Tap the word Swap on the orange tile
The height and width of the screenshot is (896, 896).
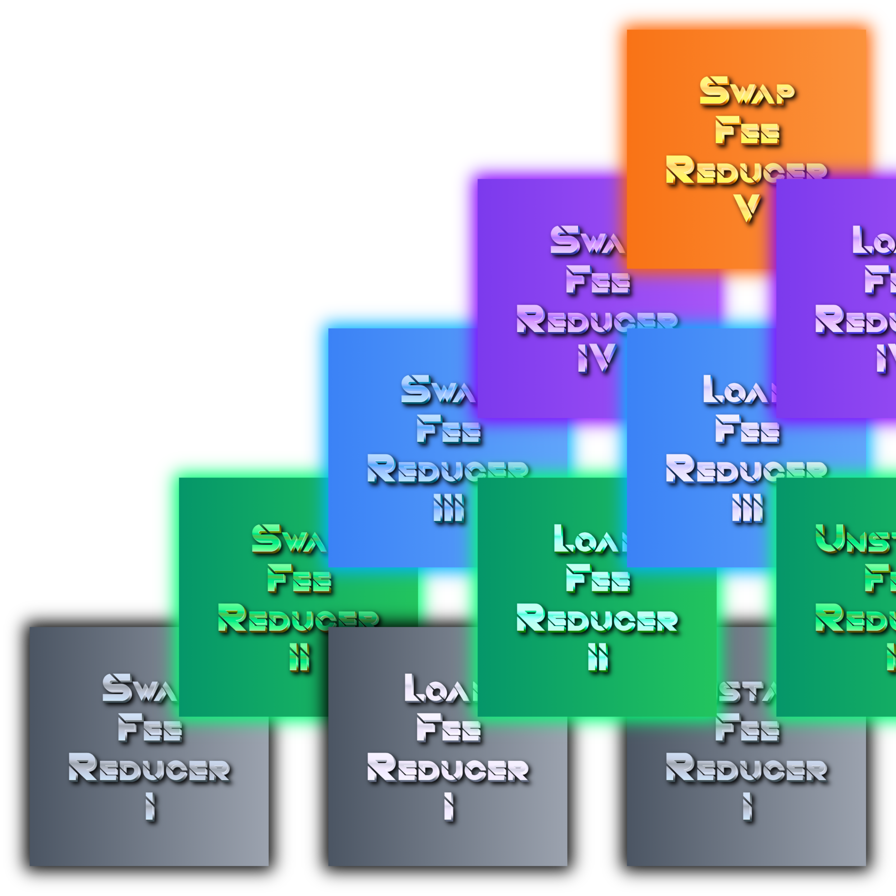(747, 91)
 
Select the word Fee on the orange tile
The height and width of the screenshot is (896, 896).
(747, 131)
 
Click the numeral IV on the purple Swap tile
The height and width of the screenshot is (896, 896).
(597, 357)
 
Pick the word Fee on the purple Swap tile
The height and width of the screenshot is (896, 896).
(598, 280)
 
